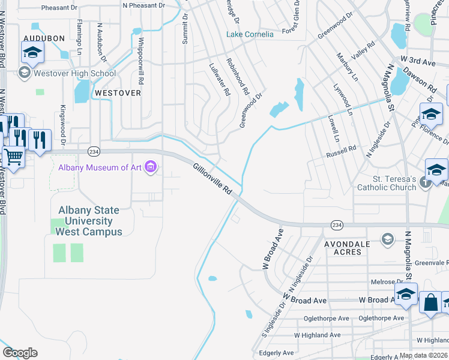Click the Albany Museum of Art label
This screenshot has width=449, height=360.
[99, 167]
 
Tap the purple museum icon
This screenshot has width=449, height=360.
[151, 167]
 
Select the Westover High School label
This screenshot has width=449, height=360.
[75, 74]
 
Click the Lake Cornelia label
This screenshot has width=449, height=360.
[250, 34]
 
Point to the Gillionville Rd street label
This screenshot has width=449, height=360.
[212, 178]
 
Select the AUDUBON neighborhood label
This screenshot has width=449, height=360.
[43, 38]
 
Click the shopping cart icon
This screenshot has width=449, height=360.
[14, 157]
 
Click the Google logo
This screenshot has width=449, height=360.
[19, 352]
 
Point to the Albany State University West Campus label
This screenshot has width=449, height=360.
[89, 221]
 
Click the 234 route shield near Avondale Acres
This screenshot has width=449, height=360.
[337, 224]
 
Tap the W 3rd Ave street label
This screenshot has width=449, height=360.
[418, 61]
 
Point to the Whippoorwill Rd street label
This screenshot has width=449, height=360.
[141, 61]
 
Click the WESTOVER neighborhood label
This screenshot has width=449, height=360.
[118, 93]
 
